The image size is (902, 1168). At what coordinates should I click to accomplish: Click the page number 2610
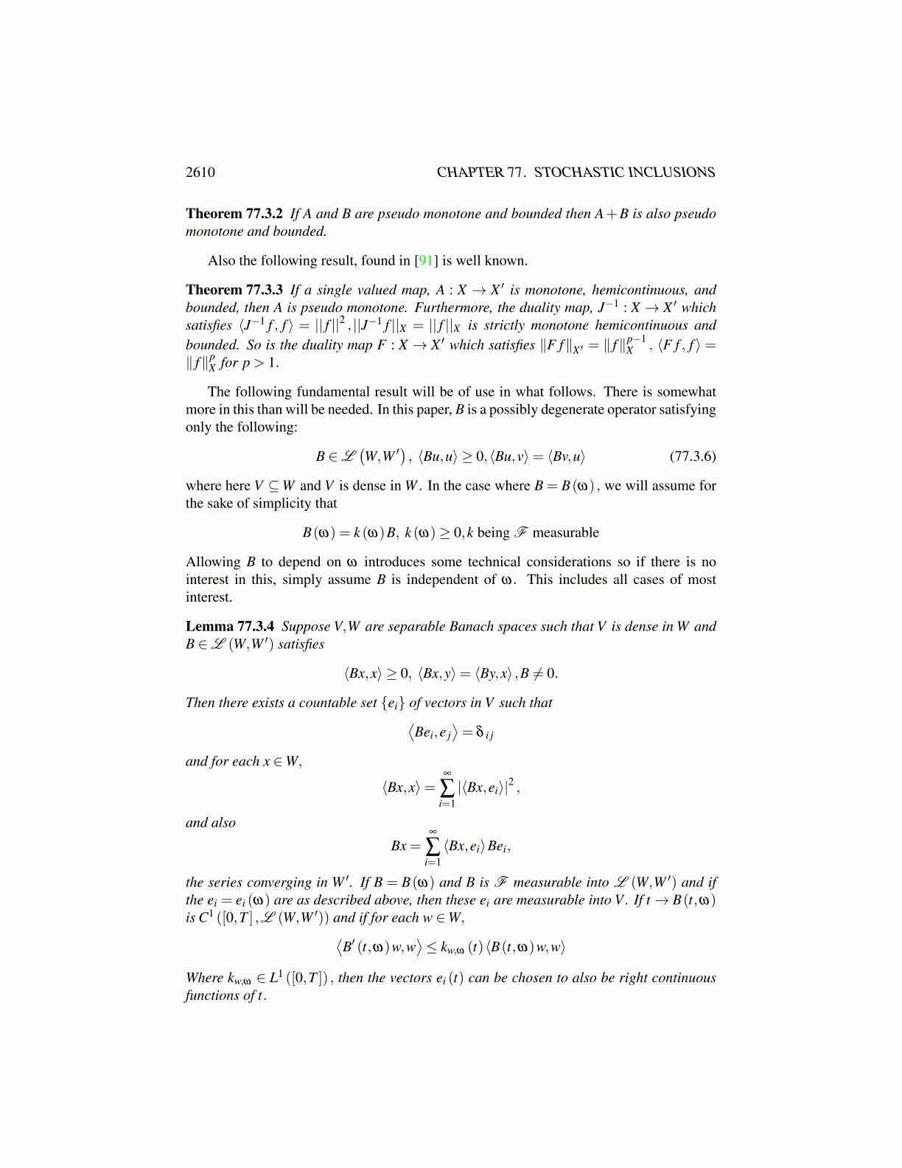point(200,173)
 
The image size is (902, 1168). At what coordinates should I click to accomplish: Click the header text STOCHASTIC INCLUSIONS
point(624,173)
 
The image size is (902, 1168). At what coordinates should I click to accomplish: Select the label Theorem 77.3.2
point(234,214)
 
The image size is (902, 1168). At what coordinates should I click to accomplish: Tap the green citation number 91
point(426,261)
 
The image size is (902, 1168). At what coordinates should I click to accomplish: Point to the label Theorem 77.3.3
point(234,291)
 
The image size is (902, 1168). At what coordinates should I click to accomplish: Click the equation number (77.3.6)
point(692,456)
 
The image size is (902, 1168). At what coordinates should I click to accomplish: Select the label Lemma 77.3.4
point(230,627)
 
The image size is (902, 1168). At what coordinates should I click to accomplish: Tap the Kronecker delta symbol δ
point(480,732)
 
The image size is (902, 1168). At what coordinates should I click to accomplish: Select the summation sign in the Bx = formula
point(433,846)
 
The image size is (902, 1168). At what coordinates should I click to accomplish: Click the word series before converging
point(225,883)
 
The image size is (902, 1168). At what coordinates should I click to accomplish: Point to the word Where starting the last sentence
point(204,978)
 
